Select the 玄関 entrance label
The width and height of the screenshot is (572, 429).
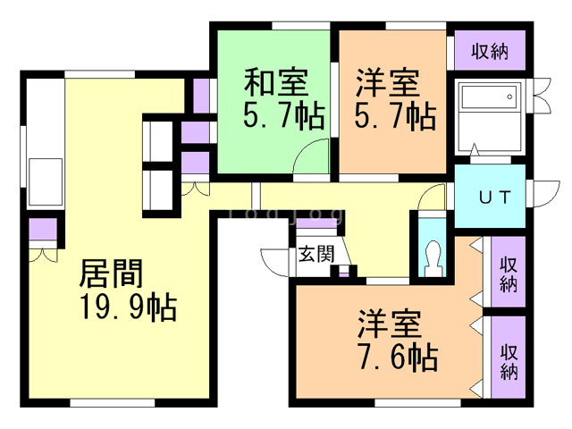point(315,254)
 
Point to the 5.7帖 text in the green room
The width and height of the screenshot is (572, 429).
point(281,117)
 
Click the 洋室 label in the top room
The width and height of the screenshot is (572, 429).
point(386,84)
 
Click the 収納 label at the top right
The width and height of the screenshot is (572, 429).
point(491,51)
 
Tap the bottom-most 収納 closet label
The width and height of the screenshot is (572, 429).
point(509,361)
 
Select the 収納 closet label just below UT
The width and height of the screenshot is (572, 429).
point(509,274)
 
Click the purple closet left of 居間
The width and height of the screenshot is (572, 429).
point(41,230)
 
